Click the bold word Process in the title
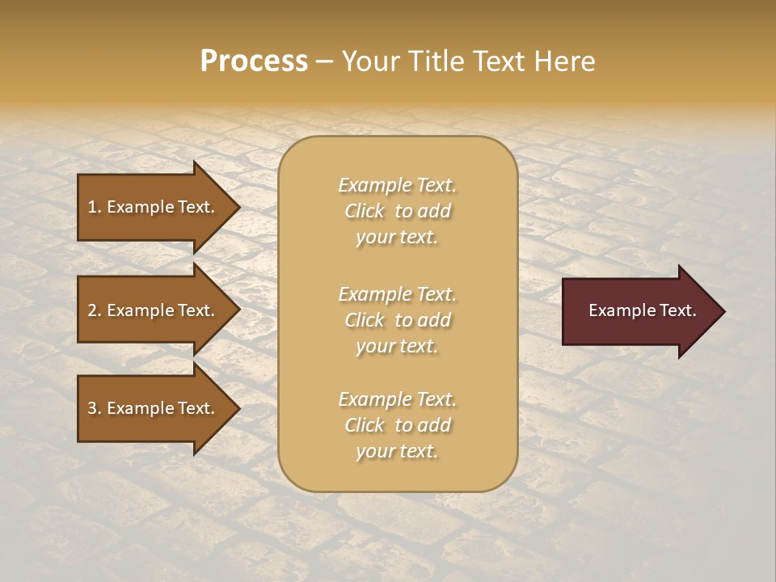point(254,61)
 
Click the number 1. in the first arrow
point(95,207)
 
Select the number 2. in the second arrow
point(95,310)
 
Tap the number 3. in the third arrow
point(95,408)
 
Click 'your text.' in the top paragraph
point(397,238)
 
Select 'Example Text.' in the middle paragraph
point(397,294)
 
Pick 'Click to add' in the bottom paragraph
point(397,425)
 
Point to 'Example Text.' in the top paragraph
point(397,185)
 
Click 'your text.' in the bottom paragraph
point(397,452)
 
